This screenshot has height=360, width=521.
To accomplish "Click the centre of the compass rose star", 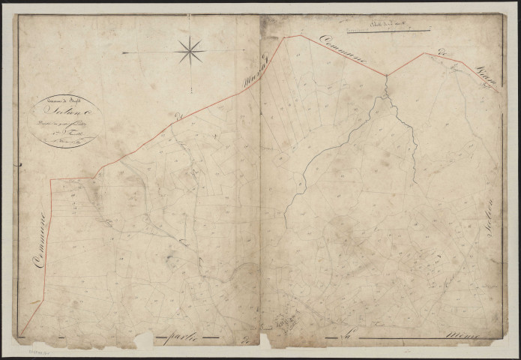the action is point(190,51).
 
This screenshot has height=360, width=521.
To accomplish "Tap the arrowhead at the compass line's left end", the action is point(124,52).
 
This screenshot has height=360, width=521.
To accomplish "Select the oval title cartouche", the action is point(66,120).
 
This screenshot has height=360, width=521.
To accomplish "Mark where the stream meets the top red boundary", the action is point(387,75).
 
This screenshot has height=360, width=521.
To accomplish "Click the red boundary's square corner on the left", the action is point(51,180).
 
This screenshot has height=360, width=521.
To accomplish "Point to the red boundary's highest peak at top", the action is point(301,35).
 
